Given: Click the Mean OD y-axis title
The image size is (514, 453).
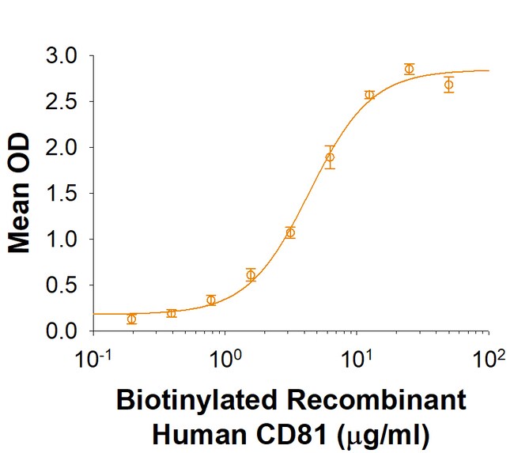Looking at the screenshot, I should click(20, 194).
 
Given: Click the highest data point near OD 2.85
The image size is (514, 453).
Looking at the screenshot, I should click(409, 69).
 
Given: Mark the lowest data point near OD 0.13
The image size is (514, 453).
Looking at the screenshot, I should click(131, 319).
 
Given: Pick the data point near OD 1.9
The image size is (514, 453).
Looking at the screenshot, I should click(330, 157).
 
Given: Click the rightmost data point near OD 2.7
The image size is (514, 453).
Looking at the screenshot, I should click(448, 85).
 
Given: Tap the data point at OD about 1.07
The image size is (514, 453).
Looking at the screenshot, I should click(290, 232).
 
